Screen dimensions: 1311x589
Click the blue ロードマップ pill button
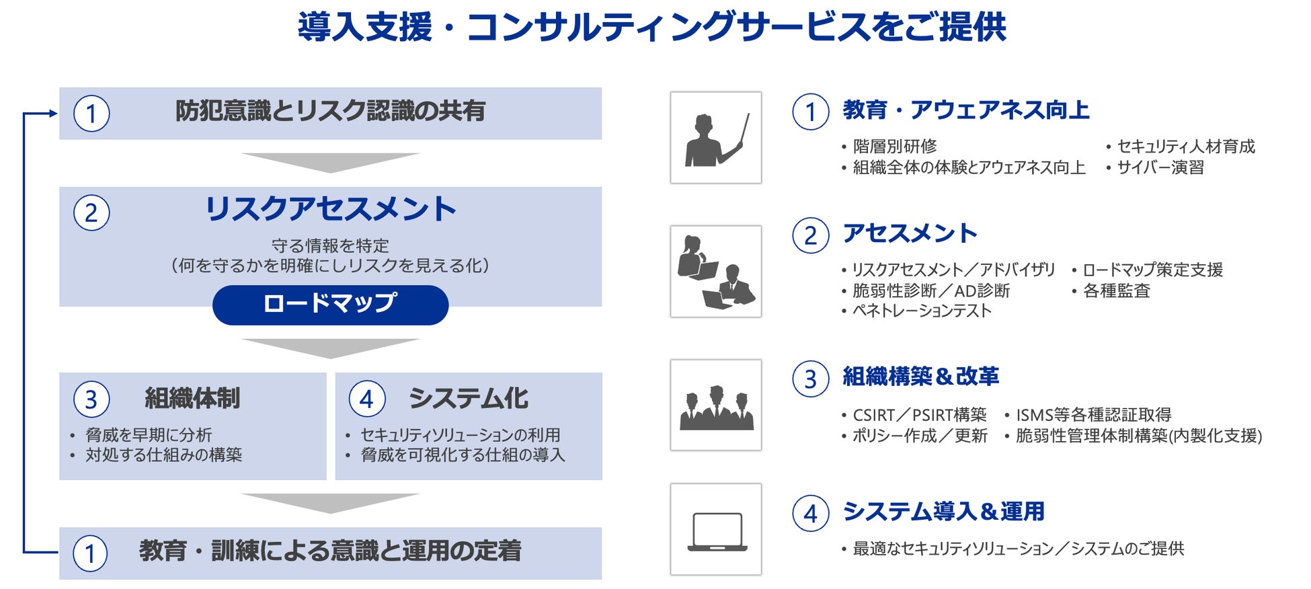330,305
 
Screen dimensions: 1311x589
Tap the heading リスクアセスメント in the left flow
330,208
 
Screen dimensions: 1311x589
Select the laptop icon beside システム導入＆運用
717,531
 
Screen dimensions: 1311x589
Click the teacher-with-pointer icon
716,139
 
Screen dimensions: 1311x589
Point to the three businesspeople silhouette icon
716,408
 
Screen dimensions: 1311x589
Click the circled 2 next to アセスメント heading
810,235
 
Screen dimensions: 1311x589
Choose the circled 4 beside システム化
366,399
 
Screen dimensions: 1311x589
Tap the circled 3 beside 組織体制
91,399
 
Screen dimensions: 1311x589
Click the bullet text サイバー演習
1160,167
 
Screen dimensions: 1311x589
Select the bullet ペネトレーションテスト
922,311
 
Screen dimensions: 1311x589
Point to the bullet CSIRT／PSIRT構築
919,415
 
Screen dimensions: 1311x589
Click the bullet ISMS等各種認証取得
1093,415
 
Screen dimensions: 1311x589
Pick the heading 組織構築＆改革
920,377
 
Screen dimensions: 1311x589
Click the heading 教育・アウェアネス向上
966,110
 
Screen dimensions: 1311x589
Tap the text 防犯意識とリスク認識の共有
330,111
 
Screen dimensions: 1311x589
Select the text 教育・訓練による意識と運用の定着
330,551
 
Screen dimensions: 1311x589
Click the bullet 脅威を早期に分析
149,435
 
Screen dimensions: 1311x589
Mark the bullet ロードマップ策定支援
1152,270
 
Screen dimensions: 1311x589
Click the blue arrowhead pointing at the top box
54,114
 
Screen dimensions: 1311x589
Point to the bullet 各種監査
1116,290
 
